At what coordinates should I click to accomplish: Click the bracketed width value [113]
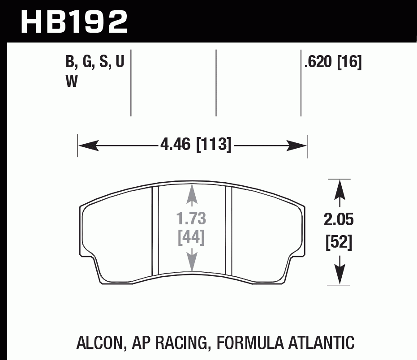214,145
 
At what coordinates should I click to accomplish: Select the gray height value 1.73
191,219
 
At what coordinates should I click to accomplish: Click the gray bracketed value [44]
191,237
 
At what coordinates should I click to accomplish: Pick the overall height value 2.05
339,220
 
